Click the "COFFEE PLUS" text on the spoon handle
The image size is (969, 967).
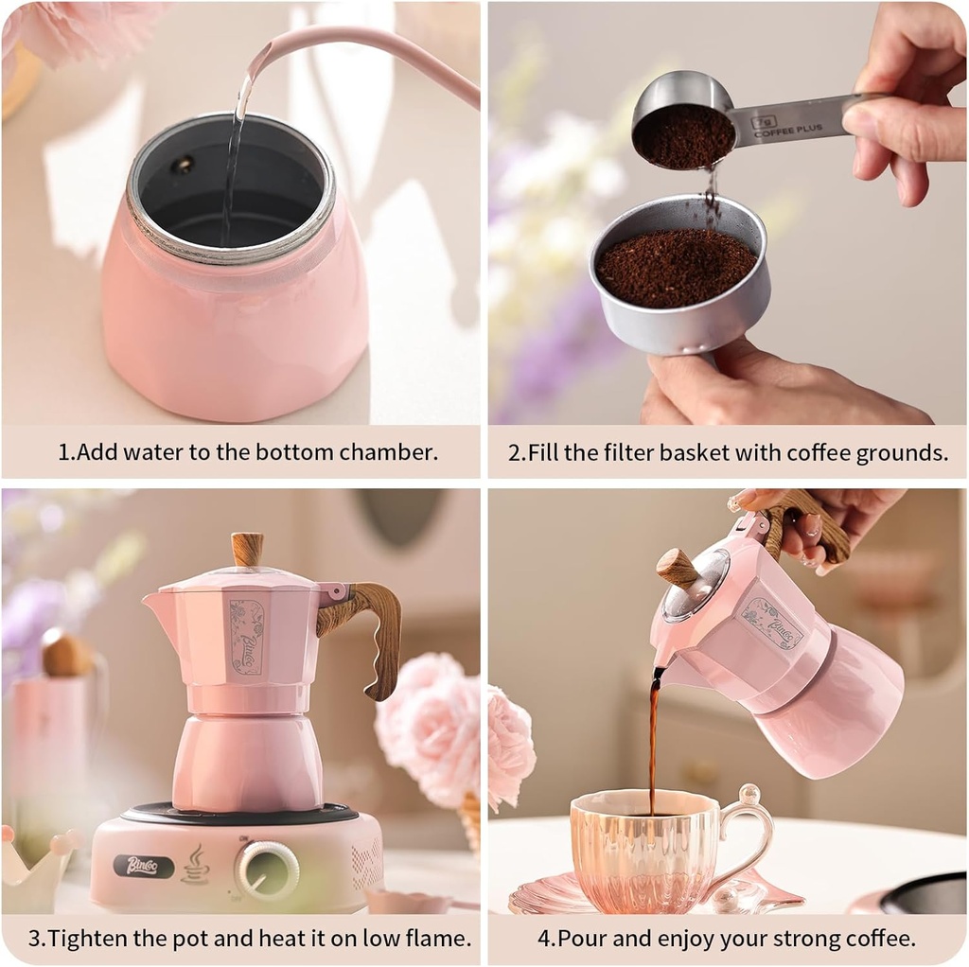789,128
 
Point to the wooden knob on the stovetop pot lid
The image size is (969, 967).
247,550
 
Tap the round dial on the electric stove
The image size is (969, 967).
268,869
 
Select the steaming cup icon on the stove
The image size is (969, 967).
195,865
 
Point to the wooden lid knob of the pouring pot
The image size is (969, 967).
678,568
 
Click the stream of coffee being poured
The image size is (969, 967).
652,738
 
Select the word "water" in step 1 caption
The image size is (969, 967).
159,452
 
